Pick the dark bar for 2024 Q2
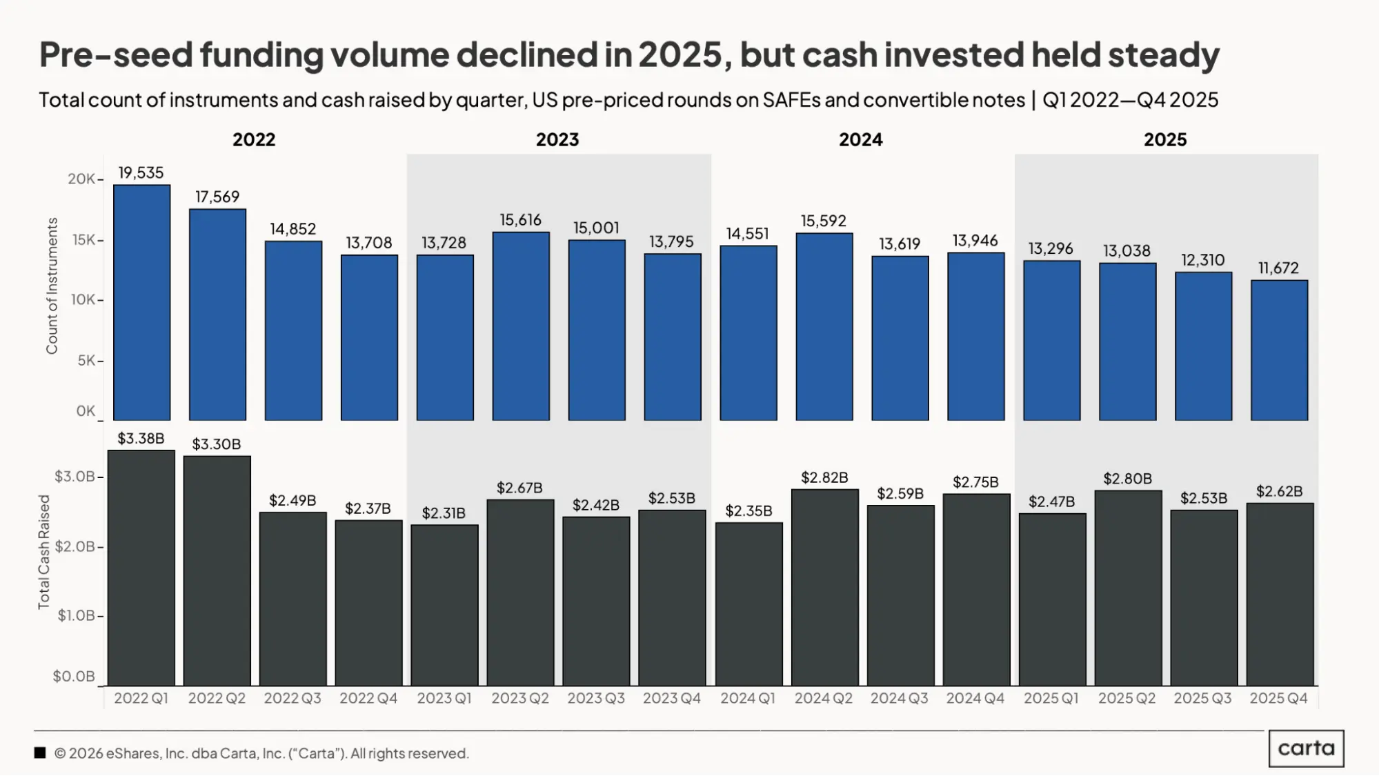tap(824, 586)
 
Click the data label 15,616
tap(521, 220)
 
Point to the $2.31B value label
tap(444, 513)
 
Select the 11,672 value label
tap(1278, 268)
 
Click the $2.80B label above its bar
tap(1127, 479)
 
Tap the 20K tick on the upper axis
tap(81, 179)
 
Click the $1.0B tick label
tap(76, 615)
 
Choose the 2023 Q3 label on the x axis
tap(596, 698)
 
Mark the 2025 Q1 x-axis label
tap(1051, 698)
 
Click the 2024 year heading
tap(860, 139)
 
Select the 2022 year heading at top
tap(254, 139)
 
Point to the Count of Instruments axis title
tap(52, 286)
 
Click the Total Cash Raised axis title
tap(44, 552)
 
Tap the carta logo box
tap(1306, 748)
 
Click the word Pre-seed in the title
tap(115, 54)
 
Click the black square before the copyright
tap(40, 753)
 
